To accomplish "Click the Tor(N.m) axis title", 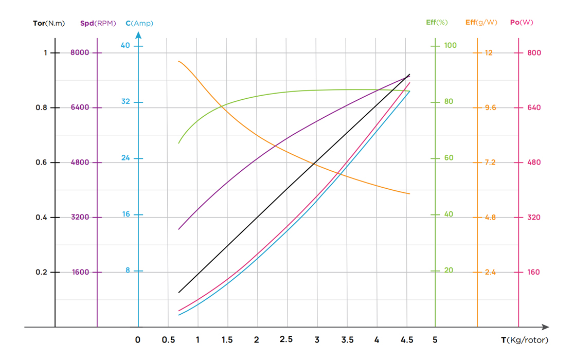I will click(x=49, y=23).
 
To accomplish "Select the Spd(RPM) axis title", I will click(x=98, y=23).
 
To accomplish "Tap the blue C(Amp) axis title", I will click(x=139, y=23).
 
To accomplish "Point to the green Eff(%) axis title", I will click(x=437, y=22).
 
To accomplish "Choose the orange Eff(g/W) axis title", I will click(x=481, y=22).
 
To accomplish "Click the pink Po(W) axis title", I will click(x=521, y=22).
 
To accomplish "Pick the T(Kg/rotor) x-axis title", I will click(x=525, y=340).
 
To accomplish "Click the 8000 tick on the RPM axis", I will click(x=80, y=52).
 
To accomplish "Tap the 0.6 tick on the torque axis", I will click(x=42, y=163).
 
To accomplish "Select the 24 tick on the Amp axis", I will click(x=126, y=158).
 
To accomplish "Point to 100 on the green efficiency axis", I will click(x=450, y=45).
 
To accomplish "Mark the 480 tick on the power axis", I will click(x=533, y=163).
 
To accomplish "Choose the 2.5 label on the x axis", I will click(x=286, y=339).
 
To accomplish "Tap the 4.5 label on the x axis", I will click(x=406, y=340).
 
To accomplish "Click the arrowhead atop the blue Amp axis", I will click(x=138, y=35).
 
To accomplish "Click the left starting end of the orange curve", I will click(x=178, y=62).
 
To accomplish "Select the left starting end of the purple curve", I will click(x=178, y=229).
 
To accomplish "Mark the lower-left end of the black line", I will click(x=178, y=293).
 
